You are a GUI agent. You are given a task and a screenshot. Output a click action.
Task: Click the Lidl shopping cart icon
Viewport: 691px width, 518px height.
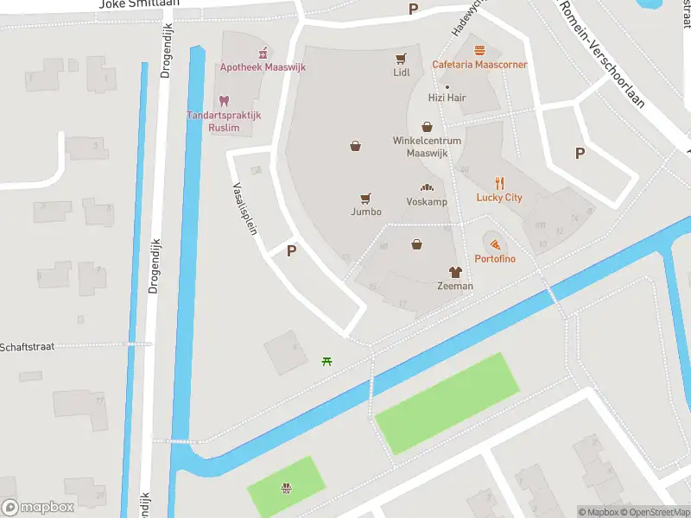(x=401, y=59)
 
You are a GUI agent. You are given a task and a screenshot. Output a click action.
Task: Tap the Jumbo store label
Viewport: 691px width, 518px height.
(x=365, y=212)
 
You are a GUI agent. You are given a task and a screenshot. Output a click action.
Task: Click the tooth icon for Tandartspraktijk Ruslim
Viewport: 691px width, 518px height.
(x=224, y=101)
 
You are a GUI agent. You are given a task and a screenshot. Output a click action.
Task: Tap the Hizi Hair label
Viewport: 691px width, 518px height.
(x=447, y=98)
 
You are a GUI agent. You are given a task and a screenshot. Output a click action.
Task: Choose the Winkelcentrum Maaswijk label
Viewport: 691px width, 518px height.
(x=427, y=147)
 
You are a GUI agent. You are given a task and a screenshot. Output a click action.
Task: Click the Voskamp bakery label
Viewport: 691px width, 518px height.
(x=427, y=201)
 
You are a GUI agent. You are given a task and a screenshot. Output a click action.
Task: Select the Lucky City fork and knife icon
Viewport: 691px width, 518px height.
(x=499, y=183)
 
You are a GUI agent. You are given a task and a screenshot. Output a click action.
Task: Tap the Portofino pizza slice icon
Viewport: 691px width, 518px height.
(x=495, y=245)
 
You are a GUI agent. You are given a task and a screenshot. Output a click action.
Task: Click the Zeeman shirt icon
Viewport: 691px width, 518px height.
(x=455, y=271)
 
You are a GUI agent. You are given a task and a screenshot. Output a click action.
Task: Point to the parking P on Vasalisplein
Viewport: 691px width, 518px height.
(x=292, y=251)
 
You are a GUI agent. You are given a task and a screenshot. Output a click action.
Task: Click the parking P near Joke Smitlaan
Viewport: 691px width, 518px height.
(x=413, y=9)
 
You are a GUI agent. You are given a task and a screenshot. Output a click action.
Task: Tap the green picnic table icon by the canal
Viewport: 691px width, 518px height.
(x=326, y=361)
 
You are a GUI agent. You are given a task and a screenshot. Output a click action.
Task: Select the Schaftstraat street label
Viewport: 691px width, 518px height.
(x=28, y=346)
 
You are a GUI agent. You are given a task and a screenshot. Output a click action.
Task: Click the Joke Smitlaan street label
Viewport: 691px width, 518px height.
(x=139, y=3)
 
